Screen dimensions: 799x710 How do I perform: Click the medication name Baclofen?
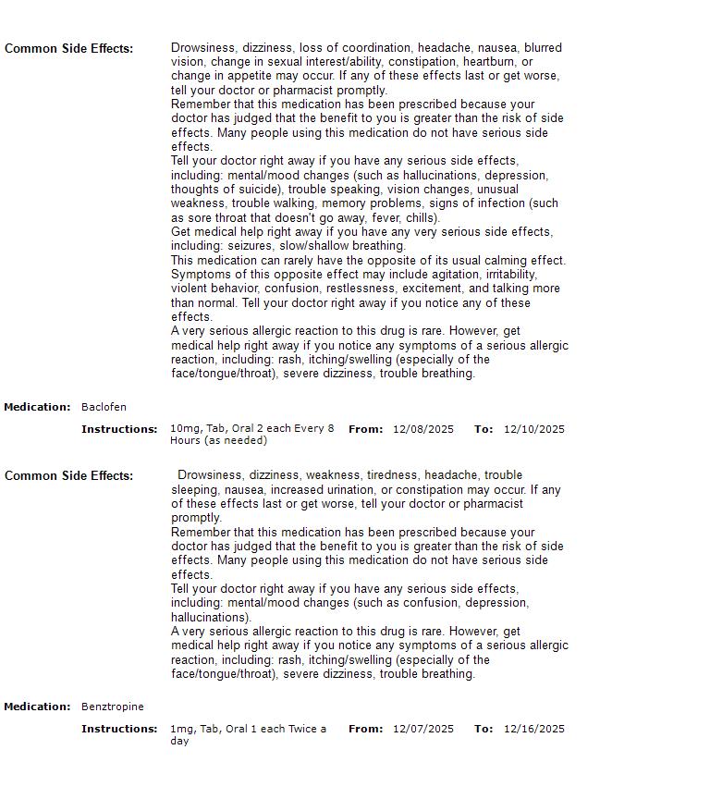click(104, 407)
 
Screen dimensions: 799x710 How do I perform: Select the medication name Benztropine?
click(112, 707)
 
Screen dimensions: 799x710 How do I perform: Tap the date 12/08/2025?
click(422, 429)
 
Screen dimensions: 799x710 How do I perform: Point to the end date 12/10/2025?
click(533, 429)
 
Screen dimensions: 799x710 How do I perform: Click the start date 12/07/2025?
click(422, 729)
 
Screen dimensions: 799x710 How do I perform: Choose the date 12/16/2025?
click(533, 729)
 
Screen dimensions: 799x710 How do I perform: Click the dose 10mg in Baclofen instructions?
click(182, 429)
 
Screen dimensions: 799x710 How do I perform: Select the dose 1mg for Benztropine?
click(179, 729)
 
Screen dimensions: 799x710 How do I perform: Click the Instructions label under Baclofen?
click(119, 429)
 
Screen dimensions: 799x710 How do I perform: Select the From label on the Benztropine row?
click(365, 729)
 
